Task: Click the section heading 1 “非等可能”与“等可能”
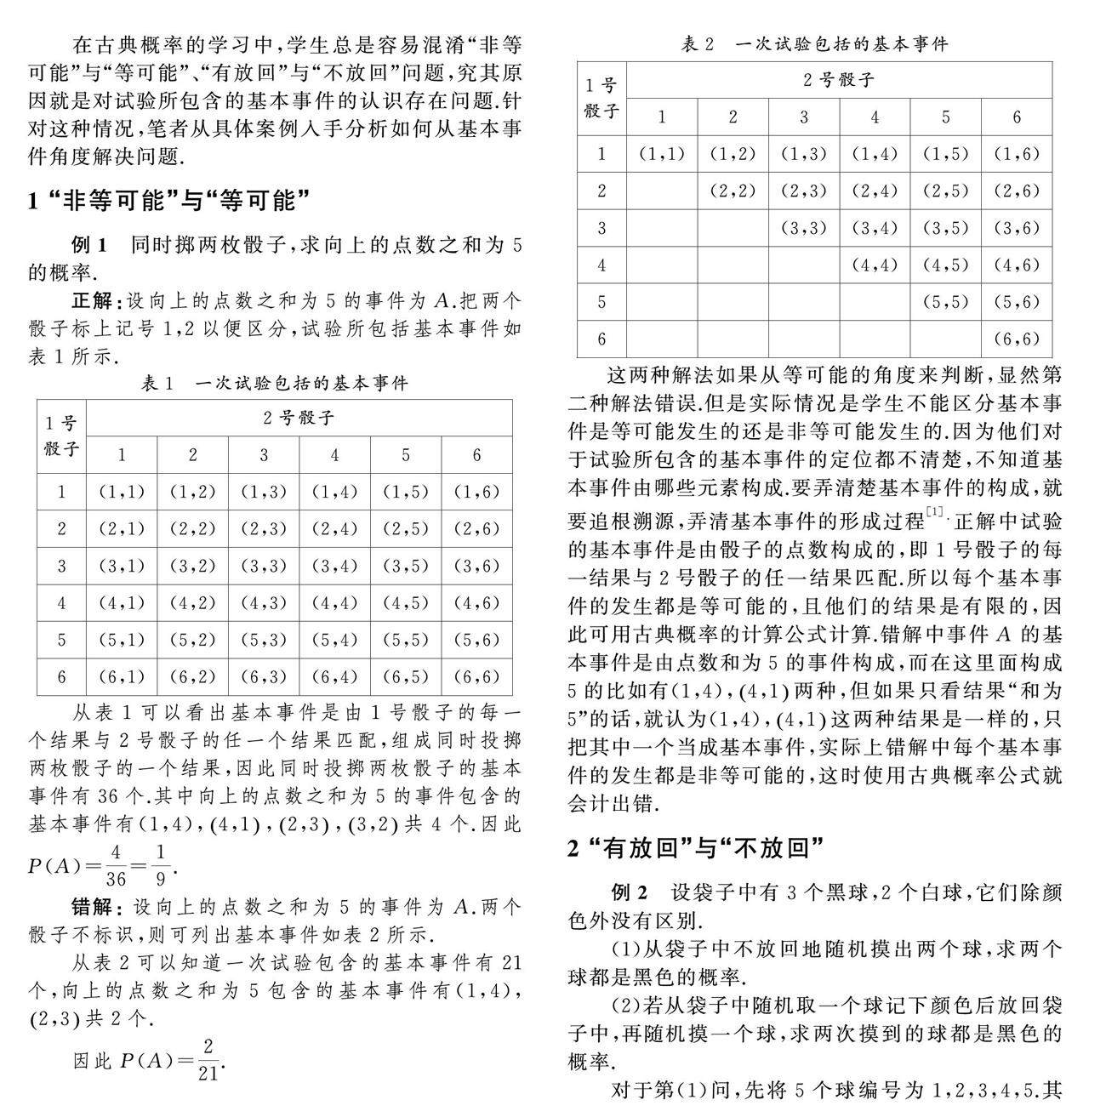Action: [x=168, y=201]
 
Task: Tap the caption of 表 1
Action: [x=275, y=383]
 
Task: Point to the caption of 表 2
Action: [x=814, y=44]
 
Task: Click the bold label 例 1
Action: [x=89, y=246]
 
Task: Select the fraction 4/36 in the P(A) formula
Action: [x=117, y=866]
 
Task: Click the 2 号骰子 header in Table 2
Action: [x=838, y=81]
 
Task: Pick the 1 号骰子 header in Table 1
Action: [x=61, y=436]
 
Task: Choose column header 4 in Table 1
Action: [x=334, y=455]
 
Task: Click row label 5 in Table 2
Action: [x=601, y=302]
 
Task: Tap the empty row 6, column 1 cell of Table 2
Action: [x=662, y=339]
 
